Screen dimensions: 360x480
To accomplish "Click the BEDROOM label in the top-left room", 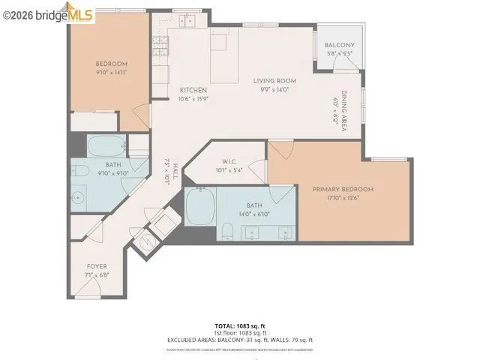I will (x=111, y=64).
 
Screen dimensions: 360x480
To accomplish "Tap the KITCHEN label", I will (x=193, y=90).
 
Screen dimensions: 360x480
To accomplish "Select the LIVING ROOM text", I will (x=274, y=81).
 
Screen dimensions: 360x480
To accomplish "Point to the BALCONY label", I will (x=339, y=46).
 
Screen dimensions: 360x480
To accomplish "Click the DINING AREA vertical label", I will (x=344, y=112).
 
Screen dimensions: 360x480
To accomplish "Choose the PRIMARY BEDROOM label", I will (x=343, y=190).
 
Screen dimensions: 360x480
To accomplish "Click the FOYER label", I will (x=96, y=266).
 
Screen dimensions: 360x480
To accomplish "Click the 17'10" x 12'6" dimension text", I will (x=343, y=199).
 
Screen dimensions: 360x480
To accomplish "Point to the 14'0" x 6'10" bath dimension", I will (x=255, y=214).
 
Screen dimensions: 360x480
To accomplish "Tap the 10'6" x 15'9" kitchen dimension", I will (x=193, y=98).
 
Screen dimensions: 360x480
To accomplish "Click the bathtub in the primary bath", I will (x=201, y=203).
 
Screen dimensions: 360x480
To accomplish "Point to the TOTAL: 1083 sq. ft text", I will (x=239, y=325).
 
